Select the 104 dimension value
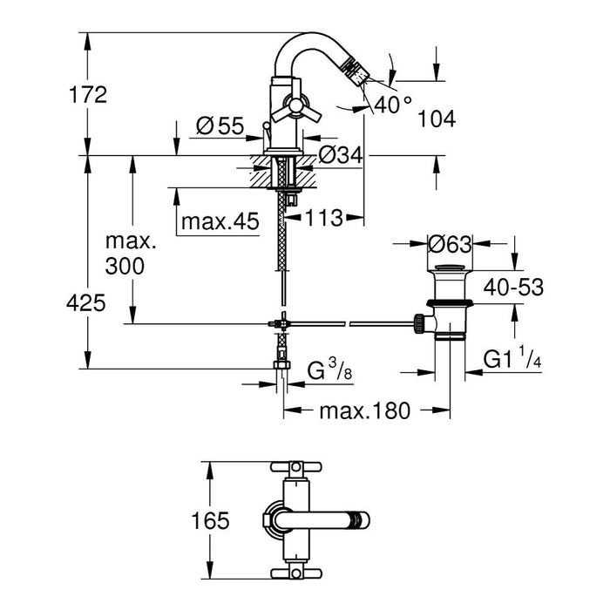(x=437, y=120)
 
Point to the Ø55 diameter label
(x=219, y=127)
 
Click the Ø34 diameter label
(x=339, y=156)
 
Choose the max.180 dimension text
(x=363, y=411)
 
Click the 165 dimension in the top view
(x=210, y=521)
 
